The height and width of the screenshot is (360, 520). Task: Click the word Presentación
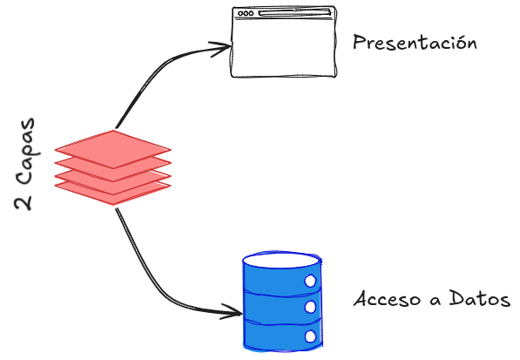point(415,43)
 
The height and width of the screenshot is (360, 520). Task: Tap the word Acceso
point(388,299)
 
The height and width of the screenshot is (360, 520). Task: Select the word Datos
point(480,298)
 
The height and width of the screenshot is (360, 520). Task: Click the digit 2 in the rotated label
point(24,201)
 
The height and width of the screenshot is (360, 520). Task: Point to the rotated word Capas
point(26,152)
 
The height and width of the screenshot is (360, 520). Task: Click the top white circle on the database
point(310,281)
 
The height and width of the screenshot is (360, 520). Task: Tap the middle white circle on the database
point(310,307)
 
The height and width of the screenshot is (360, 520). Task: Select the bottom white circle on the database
point(310,336)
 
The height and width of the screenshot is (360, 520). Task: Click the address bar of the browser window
point(294,13)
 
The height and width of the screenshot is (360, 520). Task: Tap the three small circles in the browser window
point(246,13)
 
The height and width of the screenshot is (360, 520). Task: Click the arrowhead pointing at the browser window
point(221,49)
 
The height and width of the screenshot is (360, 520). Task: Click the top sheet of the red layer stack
point(113,149)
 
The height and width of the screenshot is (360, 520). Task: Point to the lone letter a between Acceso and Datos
point(436,301)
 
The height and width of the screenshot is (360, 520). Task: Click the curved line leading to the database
point(153,278)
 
